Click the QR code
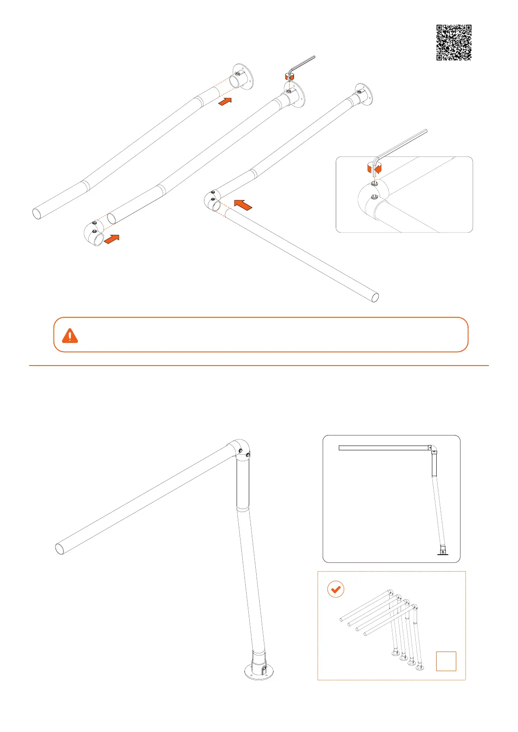point(454,42)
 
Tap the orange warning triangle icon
point(70,336)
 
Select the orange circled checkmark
point(335,589)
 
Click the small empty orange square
point(446,661)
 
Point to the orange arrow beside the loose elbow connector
point(112,239)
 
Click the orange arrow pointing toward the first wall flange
point(224,102)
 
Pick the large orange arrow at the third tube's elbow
point(243,204)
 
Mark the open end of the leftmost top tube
point(37,213)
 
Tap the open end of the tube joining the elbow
point(374,298)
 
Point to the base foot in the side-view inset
point(442,552)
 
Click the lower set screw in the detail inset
point(373,199)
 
